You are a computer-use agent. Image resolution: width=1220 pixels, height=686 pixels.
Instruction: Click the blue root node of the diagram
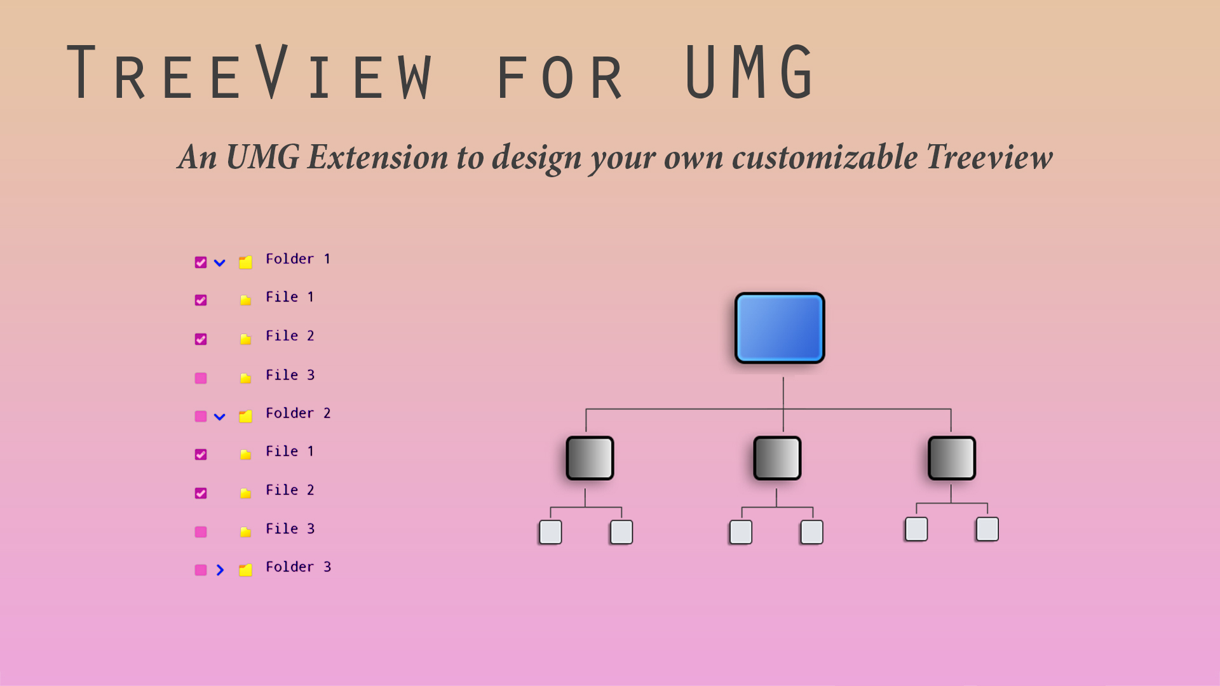tap(780, 328)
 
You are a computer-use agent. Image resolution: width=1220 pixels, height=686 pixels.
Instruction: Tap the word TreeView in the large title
tap(250, 73)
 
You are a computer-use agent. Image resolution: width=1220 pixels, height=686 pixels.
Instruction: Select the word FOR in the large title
tap(559, 77)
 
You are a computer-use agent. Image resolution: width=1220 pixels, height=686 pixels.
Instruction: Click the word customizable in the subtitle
tap(825, 157)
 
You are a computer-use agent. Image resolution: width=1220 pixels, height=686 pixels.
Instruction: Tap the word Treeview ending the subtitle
tap(989, 157)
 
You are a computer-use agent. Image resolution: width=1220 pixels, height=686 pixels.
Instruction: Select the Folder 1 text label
tap(298, 259)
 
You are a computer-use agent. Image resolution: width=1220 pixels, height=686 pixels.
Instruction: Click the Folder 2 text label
tap(298, 414)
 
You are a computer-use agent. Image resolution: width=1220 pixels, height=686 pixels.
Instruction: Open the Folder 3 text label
tap(298, 567)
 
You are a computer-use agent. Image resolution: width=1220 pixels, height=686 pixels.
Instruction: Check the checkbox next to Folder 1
tap(201, 262)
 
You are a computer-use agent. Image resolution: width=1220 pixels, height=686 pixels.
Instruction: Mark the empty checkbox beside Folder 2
tap(201, 417)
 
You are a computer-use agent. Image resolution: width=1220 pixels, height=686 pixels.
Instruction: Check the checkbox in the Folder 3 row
tap(201, 570)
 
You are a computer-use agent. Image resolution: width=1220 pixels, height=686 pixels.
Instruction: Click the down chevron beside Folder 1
tap(220, 263)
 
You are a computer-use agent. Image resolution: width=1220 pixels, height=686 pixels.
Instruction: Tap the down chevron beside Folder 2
tap(220, 417)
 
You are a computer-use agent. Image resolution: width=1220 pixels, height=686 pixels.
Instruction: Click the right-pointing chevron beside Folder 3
tap(220, 570)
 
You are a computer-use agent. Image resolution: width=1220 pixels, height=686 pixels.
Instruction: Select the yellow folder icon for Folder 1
tap(246, 262)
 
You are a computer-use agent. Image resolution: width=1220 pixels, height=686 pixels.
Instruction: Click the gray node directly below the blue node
tap(777, 458)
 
